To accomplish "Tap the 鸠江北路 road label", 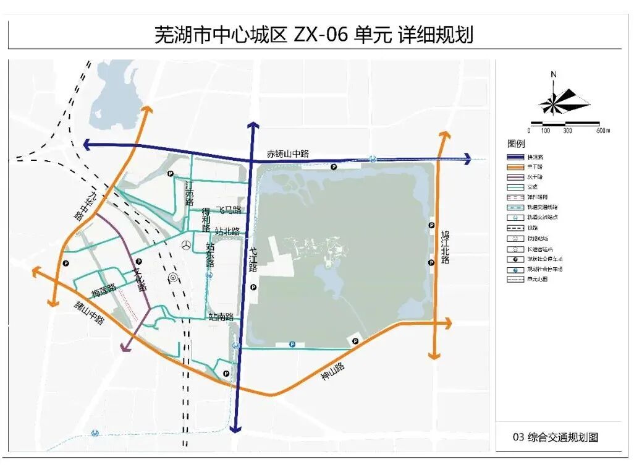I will (x=446, y=247).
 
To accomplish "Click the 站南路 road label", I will (x=221, y=317).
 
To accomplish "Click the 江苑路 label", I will (x=190, y=193).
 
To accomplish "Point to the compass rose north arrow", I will (x=554, y=75).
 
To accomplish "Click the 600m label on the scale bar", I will (x=602, y=131).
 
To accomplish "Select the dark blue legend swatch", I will (x=517, y=157).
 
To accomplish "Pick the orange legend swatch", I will (x=517, y=167).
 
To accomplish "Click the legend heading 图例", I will (x=516, y=144).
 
